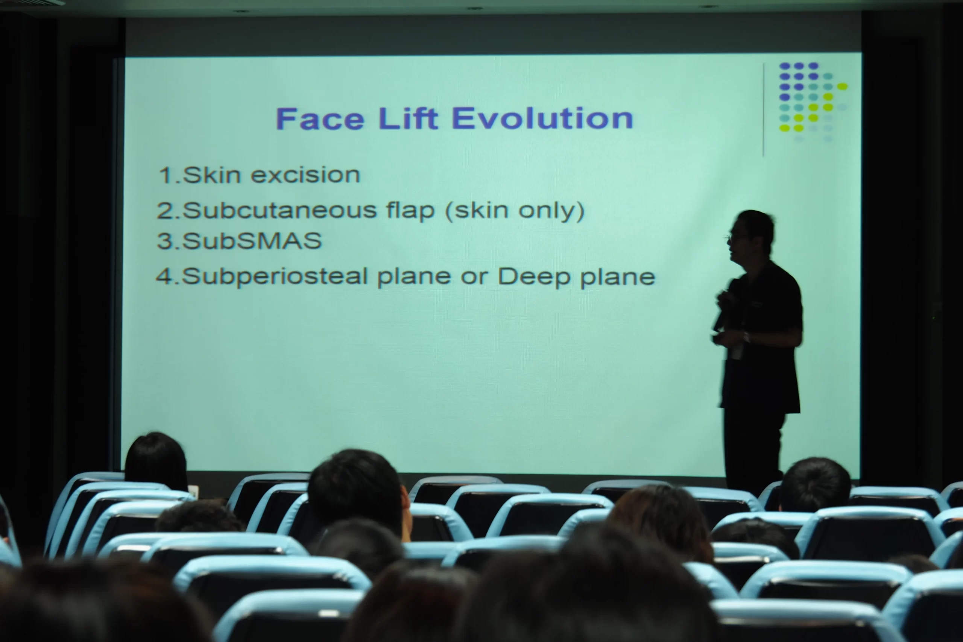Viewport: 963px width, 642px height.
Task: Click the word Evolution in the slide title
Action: [542, 118]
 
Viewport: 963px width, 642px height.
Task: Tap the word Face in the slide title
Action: [320, 119]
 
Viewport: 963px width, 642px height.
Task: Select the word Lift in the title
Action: [408, 118]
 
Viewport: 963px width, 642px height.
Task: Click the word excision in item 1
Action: [305, 175]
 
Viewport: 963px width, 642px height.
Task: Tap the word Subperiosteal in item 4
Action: [275, 277]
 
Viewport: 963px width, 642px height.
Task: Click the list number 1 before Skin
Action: [166, 175]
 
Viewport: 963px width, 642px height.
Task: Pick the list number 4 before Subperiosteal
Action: [165, 276]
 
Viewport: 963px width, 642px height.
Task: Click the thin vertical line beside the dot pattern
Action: [763, 110]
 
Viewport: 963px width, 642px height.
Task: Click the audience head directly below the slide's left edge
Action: [156, 461]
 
